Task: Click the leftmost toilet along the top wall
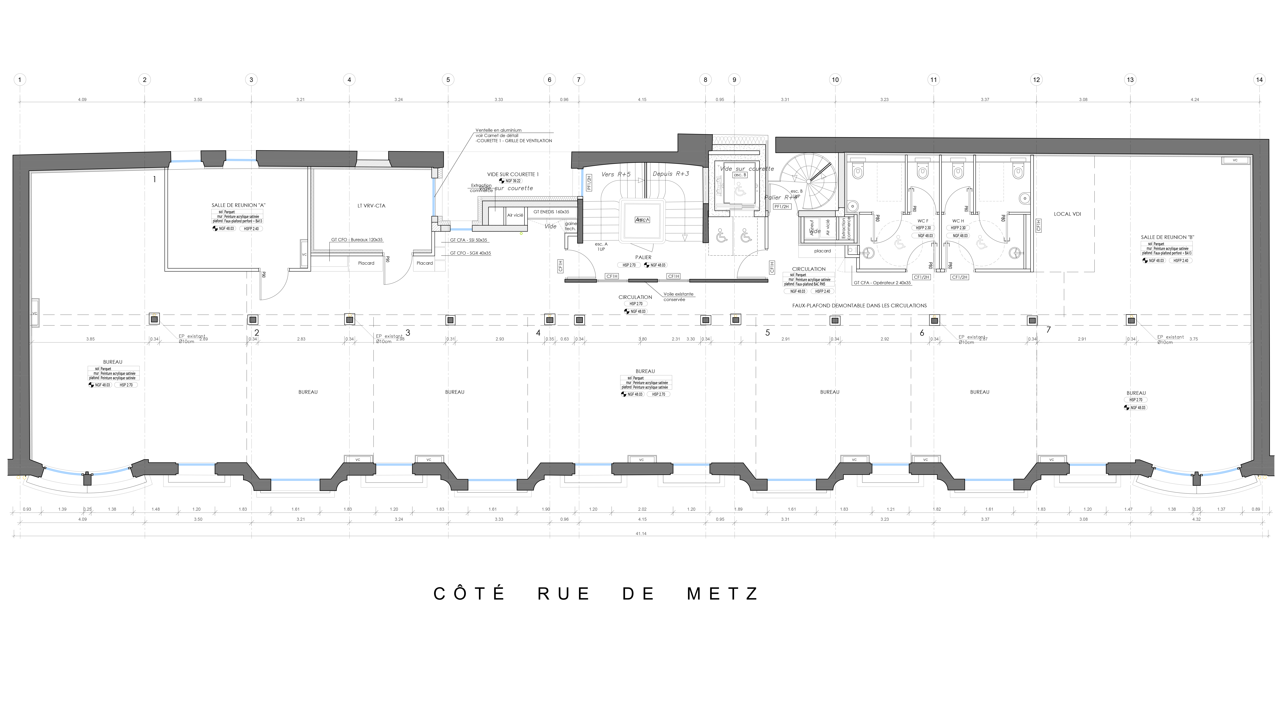click(x=858, y=171)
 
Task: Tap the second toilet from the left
click(x=922, y=171)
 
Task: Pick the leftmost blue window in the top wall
click(x=186, y=160)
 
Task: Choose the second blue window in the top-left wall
click(x=240, y=159)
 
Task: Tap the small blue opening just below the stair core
click(x=461, y=229)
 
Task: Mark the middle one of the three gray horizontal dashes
click(x=643, y=281)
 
